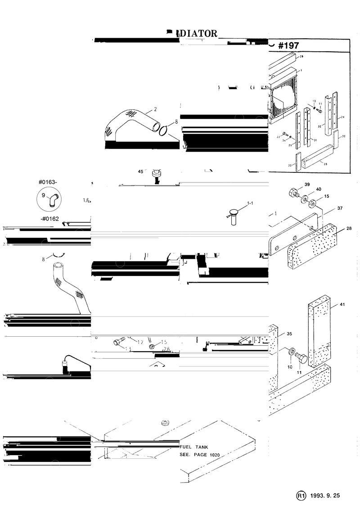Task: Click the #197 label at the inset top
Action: [289, 46]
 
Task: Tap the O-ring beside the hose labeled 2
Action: [163, 130]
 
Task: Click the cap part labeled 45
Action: [156, 173]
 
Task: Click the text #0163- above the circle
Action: [48, 182]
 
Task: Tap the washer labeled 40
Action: [306, 199]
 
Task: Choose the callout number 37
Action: [340, 208]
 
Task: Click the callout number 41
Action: [342, 305]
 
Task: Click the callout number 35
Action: [289, 334]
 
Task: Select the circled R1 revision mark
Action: [301, 495]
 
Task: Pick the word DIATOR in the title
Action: [198, 33]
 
